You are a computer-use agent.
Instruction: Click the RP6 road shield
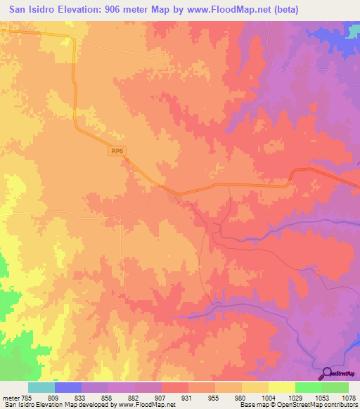117,150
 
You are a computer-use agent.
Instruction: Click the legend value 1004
268,397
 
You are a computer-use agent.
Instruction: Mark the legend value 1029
295,397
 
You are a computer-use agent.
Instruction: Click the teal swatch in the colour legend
41,387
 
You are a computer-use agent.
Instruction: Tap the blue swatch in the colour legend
68,387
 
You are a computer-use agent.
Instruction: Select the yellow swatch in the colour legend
281,387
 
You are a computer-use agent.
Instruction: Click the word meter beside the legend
11,397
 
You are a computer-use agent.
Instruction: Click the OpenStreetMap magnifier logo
326,373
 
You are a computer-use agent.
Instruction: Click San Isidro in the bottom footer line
21,405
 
